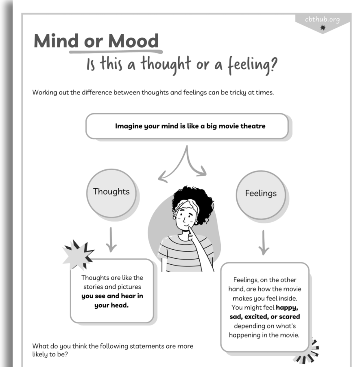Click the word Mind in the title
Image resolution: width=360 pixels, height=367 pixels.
click(57, 41)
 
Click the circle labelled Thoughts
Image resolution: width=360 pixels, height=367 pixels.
click(111, 191)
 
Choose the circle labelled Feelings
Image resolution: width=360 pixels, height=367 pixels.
click(261, 193)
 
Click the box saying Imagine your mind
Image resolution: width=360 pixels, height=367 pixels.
click(187, 126)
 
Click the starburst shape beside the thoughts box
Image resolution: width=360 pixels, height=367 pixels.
click(79, 255)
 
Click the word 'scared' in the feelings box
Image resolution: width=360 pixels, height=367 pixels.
click(289, 317)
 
